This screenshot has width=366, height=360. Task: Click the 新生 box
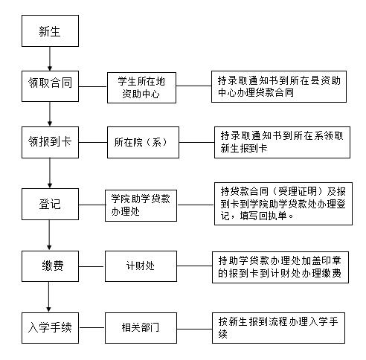click(x=50, y=30)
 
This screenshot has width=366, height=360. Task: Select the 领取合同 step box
click(x=50, y=86)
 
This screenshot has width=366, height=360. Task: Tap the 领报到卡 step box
click(x=50, y=142)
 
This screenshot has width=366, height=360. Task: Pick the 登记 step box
click(x=50, y=204)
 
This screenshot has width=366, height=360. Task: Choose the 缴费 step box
click(x=50, y=266)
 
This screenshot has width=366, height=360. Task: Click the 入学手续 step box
click(x=50, y=328)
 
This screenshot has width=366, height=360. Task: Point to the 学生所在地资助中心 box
click(x=141, y=88)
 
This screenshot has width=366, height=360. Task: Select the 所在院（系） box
click(x=143, y=142)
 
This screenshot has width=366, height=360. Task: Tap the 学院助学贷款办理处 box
click(x=141, y=205)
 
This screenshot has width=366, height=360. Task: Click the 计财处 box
click(x=141, y=266)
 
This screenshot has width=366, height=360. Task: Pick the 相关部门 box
click(x=141, y=328)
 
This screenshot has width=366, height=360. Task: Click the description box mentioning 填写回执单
click(x=283, y=204)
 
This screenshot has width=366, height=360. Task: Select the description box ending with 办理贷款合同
click(x=279, y=86)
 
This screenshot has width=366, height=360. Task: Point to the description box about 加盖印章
click(x=280, y=267)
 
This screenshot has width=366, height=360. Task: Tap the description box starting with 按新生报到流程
click(x=278, y=328)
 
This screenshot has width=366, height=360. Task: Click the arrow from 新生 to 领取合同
click(x=50, y=59)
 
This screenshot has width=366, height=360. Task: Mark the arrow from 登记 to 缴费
click(x=49, y=235)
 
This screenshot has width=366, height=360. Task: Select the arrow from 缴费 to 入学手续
click(x=48, y=297)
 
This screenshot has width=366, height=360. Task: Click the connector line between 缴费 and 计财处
click(x=91, y=266)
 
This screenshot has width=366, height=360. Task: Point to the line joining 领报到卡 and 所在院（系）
click(x=93, y=142)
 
